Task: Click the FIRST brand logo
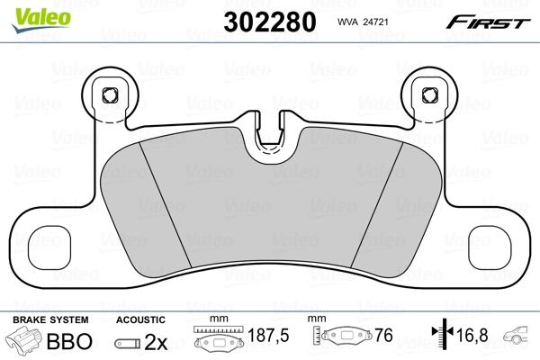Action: click(x=491, y=21)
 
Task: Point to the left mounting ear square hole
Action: click(x=112, y=94)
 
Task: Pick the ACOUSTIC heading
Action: click(x=142, y=319)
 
